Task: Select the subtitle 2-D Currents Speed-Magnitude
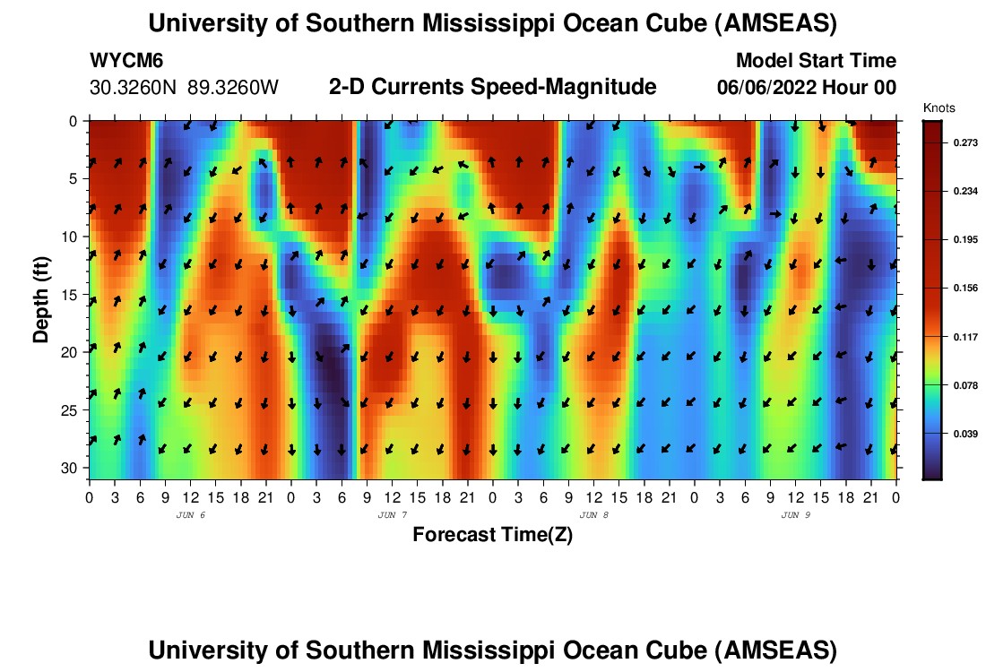pos(493,87)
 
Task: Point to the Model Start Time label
pos(816,61)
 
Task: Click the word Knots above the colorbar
pos(938,108)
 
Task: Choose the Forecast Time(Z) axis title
pos(492,535)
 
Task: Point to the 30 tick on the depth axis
pos(73,469)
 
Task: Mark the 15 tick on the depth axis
pos(73,295)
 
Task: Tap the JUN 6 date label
pos(191,515)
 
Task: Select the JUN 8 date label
pos(594,515)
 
